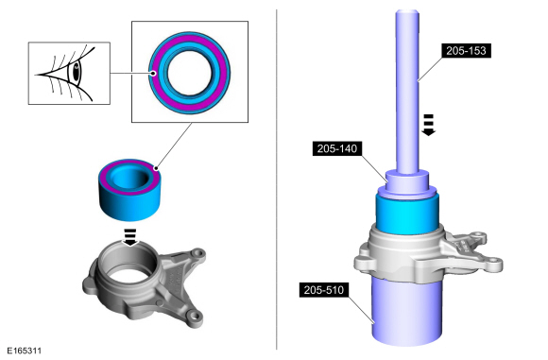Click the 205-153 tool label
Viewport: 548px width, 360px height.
click(466, 51)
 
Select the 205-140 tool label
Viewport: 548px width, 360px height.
click(337, 149)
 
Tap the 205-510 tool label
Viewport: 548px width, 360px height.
click(324, 290)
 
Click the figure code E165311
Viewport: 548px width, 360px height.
click(25, 351)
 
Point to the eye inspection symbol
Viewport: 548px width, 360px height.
click(69, 73)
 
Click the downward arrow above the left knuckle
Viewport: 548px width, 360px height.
click(130, 237)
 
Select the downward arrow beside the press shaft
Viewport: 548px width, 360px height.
click(428, 125)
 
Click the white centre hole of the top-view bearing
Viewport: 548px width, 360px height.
click(189, 73)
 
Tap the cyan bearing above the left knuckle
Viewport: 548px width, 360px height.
click(129, 189)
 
